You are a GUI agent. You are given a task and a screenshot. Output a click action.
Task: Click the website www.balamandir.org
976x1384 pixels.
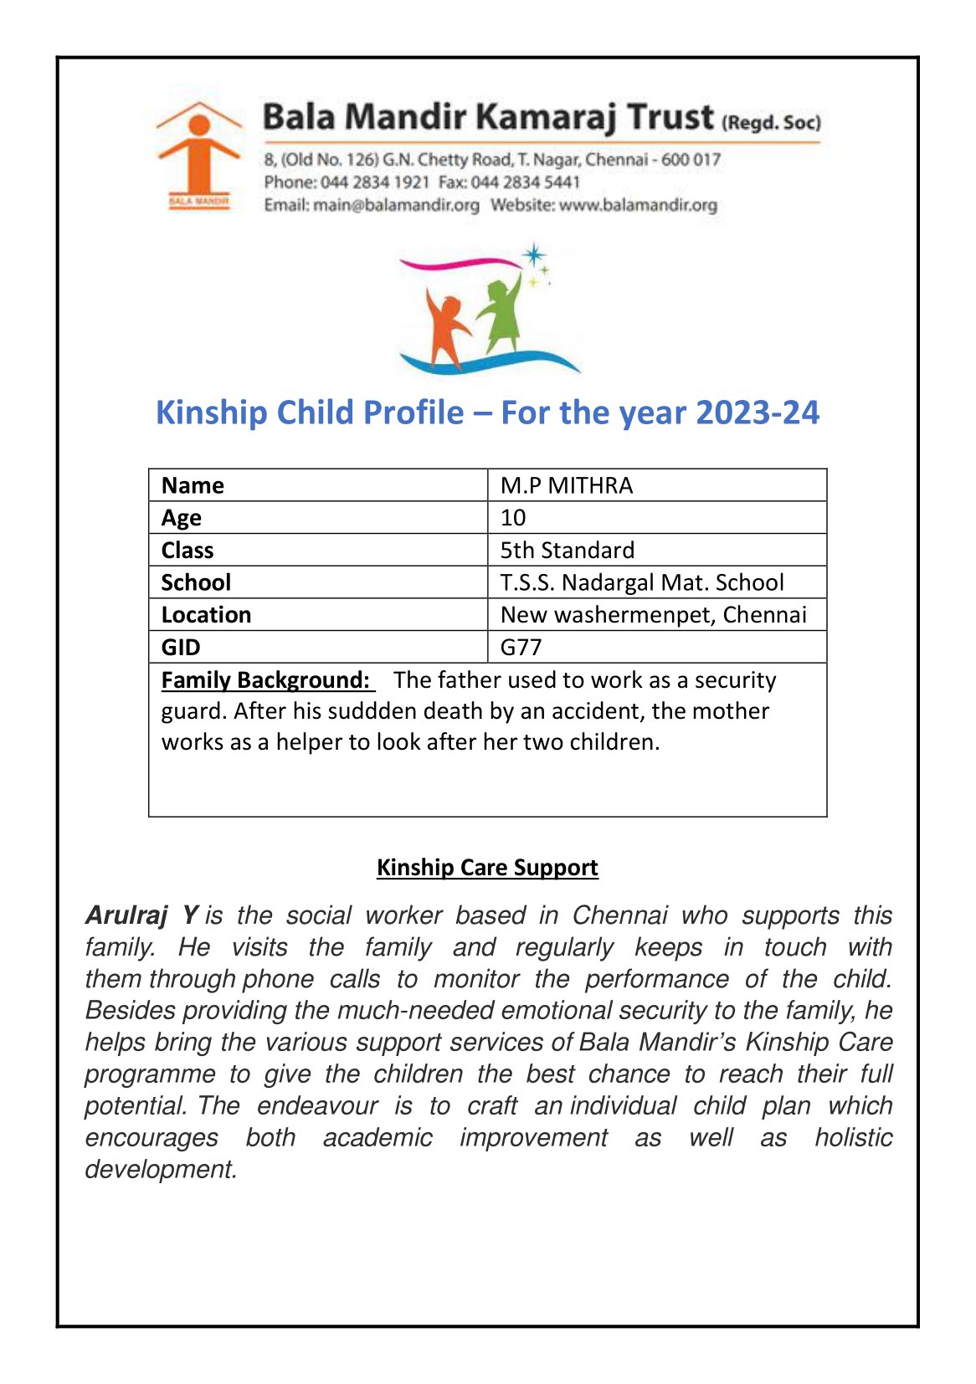pyautogui.click(x=638, y=205)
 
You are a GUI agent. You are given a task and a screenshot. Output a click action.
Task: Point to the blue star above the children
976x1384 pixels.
pyautogui.click(x=533, y=255)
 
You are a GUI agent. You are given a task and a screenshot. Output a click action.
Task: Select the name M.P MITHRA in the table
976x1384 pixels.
pyautogui.click(x=566, y=485)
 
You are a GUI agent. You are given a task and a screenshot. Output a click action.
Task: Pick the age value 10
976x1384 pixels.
pyautogui.click(x=513, y=518)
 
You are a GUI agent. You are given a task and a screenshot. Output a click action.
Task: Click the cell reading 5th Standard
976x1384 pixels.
pyautogui.click(x=567, y=550)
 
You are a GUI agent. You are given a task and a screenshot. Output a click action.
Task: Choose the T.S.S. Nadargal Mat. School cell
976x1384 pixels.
pyautogui.click(x=641, y=582)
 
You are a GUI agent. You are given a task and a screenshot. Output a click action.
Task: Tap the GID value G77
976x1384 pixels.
pyautogui.click(x=521, y=647)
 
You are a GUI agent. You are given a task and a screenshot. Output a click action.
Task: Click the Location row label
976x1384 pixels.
pyautogui.click(x=206, y=615)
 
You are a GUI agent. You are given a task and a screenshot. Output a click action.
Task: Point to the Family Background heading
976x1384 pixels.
pyautogui.click(x=265, y=679)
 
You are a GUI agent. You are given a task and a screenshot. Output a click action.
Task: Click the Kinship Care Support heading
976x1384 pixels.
pyautogui.click(x=487, y=867)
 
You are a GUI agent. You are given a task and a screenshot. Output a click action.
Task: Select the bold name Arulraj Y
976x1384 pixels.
pyautogui.click(x=141, y=915)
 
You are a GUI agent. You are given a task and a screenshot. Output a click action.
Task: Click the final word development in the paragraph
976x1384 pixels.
pyautogui.click(x=161, y=1169)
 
